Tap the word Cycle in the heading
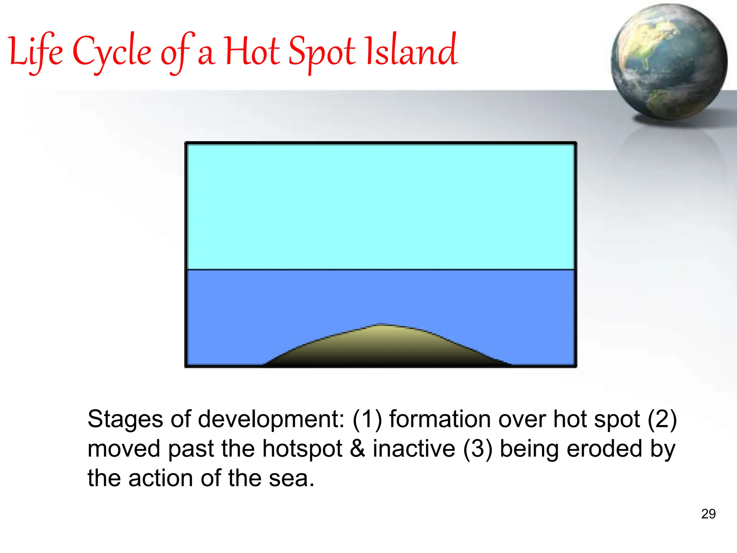pyautogui.click(x=112, y=52)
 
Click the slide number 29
pyautogui.click(x=708, y=514)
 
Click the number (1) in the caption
pyautogui.click(x=367, y=420)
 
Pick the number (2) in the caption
pyautogui.click(x=662, y=420)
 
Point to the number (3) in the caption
pyautogui.click(x=478, y=449)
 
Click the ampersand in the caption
pyautogui.click(x=357, y=449)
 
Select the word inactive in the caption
pyautogui.click(x=414, y=449)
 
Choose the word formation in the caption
pyautogui.click(x=440, y=420)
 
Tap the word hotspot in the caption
pyautogui.click(x=302, y=449)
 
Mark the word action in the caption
pyautogui.click(x=161, y=479)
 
